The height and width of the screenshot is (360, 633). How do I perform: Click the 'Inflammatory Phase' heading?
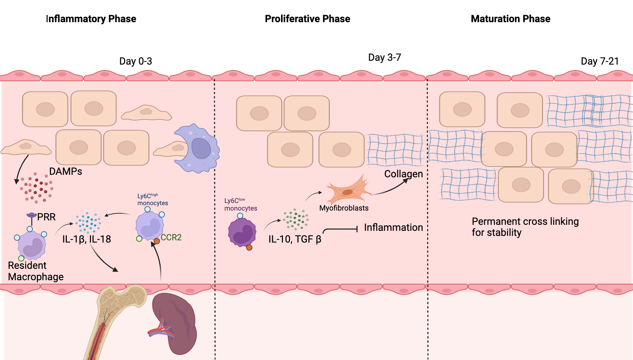point(91,19)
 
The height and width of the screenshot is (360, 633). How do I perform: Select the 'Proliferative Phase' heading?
point(307,19)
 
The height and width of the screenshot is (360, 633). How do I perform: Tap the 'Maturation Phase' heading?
point(511,19)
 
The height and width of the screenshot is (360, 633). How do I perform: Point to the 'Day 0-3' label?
point(135,61)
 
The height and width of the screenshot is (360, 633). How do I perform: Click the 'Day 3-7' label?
point(385,57)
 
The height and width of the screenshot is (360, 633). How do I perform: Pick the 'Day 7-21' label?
point(600,61)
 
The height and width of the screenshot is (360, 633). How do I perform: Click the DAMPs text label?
point(66,171)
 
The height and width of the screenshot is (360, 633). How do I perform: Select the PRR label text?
point(46,217)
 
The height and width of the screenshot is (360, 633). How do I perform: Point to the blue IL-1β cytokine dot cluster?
point(88,222)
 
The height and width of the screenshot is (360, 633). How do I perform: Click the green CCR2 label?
point(171,237)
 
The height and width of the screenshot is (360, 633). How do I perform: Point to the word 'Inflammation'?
point(393,227)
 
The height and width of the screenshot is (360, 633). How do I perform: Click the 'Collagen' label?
point(403,174)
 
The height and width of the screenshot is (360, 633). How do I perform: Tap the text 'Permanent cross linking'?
point(525,221)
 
